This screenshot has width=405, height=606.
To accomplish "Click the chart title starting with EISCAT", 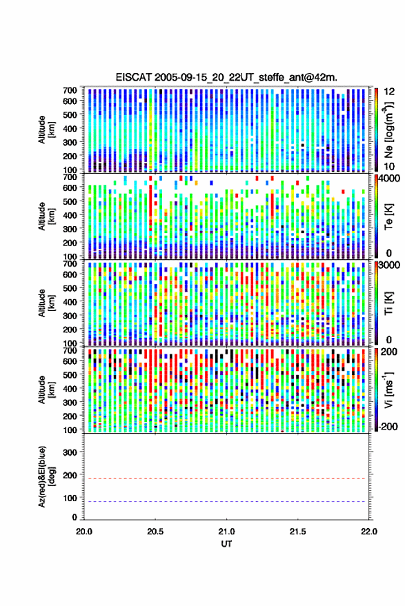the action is coord(226,77).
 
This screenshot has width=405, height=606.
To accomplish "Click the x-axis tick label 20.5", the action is coord(155,532).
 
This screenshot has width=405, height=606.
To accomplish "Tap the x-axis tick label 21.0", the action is coord(226,532).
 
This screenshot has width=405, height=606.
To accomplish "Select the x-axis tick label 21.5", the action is coord(297,532).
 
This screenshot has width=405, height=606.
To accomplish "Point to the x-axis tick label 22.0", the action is coord(368,532).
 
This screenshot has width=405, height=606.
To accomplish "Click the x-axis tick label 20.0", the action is coord(84,532).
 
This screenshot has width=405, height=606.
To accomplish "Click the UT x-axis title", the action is coord(226,544).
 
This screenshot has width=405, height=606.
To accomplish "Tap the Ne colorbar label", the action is coord(388,130).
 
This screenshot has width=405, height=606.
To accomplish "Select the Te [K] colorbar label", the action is coord(388,216).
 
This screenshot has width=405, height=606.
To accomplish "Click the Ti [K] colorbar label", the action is coord(388,303).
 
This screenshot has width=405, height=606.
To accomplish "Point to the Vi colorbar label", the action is coord(388,390).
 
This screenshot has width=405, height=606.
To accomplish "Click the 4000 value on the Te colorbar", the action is coord(389,179).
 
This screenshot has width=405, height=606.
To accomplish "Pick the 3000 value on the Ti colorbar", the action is coord(389,265).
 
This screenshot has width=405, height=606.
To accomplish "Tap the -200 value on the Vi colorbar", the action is coord(388,426).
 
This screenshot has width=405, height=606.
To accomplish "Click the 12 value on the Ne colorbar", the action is coord(389,92).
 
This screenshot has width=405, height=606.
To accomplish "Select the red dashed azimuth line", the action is coord(225,478).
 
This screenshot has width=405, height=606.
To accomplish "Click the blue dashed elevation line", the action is coord(225,502).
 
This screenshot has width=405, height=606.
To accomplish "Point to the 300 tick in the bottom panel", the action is coord(70,452).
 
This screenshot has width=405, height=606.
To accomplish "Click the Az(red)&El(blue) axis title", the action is coord(46,477).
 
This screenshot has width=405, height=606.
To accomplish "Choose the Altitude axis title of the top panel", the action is coord(46,130).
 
